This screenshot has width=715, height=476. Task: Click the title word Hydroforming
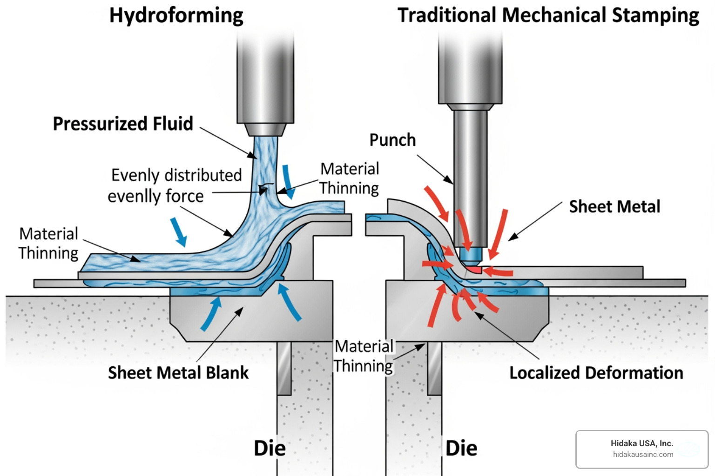[176, 15]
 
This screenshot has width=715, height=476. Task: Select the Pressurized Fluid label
[123, 124]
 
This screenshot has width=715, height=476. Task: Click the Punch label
[392, 140]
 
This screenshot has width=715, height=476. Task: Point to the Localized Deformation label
[596, 373]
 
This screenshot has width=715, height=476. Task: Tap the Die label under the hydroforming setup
[270, 448]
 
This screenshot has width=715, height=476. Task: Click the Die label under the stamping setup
[461, 448]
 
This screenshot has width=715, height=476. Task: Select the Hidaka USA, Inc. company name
[641, 443]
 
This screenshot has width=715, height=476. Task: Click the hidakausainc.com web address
[643, 455]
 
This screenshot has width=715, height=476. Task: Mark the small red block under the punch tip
[474, 270]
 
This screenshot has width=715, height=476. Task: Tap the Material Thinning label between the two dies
[364, 356]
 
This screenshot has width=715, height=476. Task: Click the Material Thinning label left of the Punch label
[349, 178]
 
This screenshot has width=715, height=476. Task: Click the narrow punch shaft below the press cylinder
[470, 177]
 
